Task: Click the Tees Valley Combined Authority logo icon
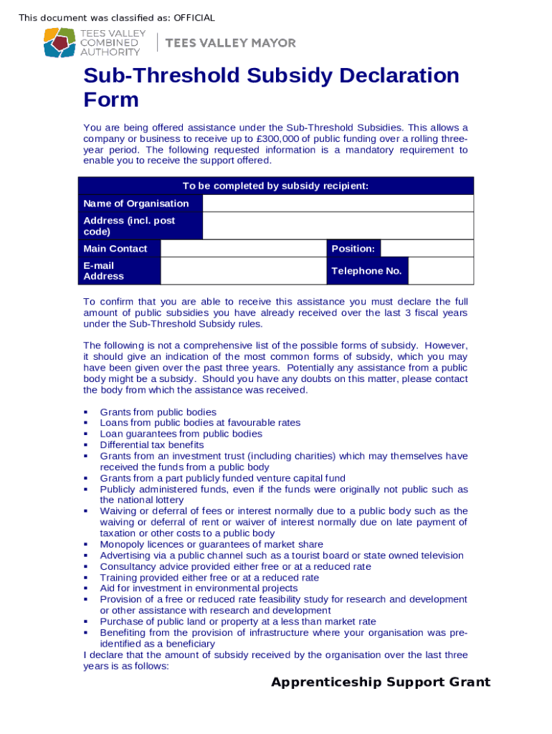[x=60, y=42]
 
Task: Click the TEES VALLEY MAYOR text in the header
[x=230, y=43]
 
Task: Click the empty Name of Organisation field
[x=338, y=204]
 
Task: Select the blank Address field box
[x=338, y=226]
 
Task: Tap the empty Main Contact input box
[x=243, y=249]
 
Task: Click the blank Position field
[x=427, y=249]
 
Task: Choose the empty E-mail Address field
[x=243, y=271]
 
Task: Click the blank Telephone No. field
[x=440, y=271]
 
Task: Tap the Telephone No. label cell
[x=366, y=271]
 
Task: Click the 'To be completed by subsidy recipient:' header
[x=275, y=186]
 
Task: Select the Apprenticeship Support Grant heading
[x=381, y=682]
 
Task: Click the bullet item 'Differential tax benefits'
[x=152, y=445]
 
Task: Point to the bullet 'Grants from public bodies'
[x=158, y=412]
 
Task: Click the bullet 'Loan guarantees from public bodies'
[x=181, y=434]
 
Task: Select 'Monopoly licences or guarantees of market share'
[x=211, y=545]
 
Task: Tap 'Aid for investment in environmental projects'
[x=199, y=588]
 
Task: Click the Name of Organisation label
[x=136, y=204]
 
